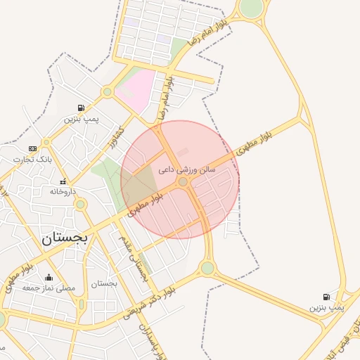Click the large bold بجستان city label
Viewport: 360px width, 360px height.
[65, 238]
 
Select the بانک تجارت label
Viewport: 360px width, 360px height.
[33, 160]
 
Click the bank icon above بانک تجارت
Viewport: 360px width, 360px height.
[32, 148]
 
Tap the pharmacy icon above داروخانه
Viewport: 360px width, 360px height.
[63, 181]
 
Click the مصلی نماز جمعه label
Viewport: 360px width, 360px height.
[49, 288]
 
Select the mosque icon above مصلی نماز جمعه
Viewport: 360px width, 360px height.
[49, 276]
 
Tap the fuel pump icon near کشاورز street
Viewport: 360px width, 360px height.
[82, 108]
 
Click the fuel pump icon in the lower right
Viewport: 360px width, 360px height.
[326, 297]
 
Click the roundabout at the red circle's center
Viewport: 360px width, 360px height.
[183, 181]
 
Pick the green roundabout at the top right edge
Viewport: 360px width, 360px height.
[250, 8]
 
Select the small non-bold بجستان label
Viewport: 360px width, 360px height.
[104, 283]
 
